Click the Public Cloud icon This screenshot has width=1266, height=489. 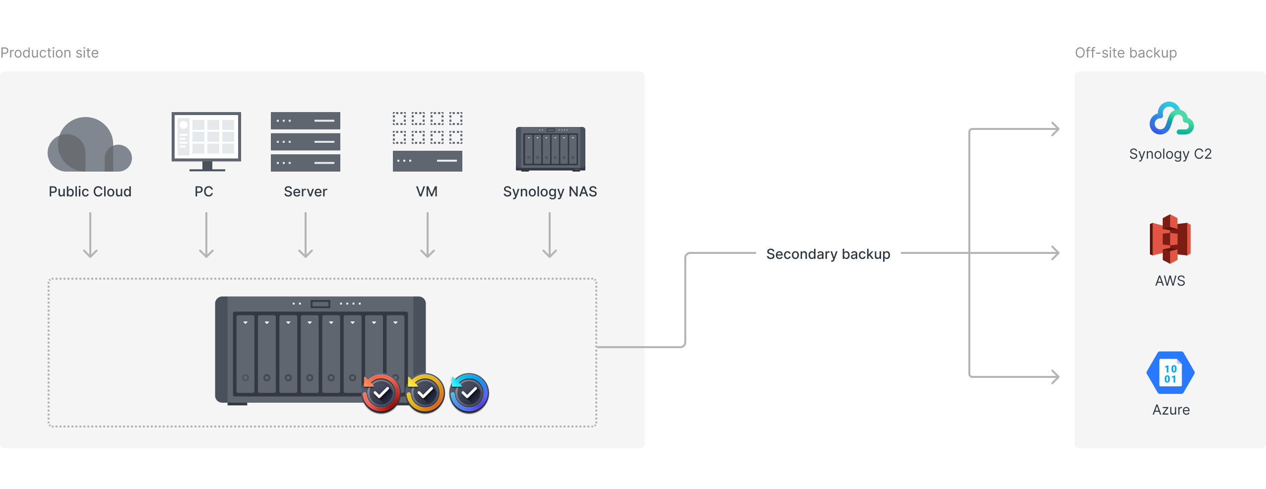tap(89, 145)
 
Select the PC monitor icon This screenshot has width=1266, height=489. tap(206, 141)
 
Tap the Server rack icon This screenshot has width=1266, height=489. tap(306, 142)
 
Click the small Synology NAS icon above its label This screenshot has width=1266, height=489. tap(550, 149)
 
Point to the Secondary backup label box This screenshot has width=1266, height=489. tap(828, 253)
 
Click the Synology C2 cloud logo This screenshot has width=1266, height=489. tap(1171, 119)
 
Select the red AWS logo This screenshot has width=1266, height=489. tap(1170, 239)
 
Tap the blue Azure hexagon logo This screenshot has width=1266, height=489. tap(1170, 373)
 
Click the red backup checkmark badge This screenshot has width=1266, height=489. tap(381, 393)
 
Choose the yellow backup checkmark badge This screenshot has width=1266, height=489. tap(425, 393)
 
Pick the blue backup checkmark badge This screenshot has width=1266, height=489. tap(469, 393)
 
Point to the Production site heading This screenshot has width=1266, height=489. tap(50, 53)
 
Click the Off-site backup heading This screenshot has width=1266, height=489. tap(1126, 53)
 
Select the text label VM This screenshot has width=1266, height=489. tap(427, 191)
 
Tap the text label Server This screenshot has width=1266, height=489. tap(306, 191)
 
